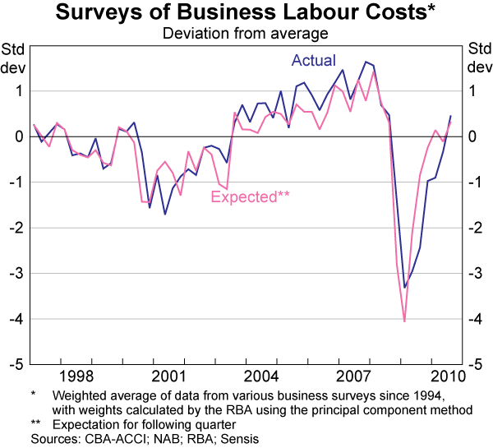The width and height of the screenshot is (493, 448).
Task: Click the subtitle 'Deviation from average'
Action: point(246,34)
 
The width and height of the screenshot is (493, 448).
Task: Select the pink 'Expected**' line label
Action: point(251,196)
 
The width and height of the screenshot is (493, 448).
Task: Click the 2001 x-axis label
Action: point(168,376)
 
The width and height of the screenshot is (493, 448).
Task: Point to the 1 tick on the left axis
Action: point(18,90)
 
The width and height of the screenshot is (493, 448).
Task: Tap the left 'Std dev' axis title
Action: point(14,58)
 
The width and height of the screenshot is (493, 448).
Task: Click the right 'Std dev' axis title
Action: point(478,58)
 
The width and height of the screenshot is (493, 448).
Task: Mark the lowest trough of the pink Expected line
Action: point(404,321)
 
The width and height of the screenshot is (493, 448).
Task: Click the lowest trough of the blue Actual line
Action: point(405,287)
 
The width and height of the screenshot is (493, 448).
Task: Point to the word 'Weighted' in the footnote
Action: point(80,395)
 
